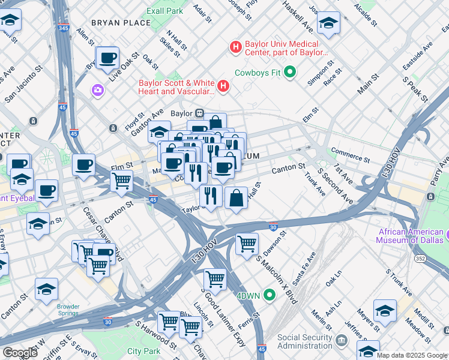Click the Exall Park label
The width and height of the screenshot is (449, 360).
164,11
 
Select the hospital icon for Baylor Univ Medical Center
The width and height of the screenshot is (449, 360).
235,46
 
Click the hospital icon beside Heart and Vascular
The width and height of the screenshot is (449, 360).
224,86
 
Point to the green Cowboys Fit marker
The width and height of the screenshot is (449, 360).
291,73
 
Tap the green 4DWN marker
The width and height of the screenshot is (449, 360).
270,295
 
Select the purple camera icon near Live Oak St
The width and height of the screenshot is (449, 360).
97,90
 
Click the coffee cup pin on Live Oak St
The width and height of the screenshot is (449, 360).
107,58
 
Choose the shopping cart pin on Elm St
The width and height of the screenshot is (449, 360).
122,179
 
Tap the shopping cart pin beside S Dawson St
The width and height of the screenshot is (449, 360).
247,244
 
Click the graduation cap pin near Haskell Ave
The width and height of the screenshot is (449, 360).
328,23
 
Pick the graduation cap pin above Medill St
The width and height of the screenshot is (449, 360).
385,311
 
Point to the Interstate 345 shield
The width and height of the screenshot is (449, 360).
64,28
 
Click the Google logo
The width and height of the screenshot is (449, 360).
20,353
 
